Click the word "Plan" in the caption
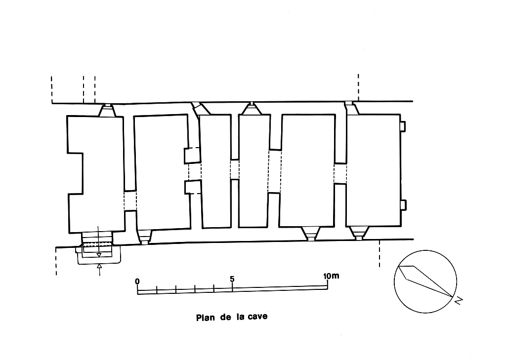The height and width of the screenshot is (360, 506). pyautogui.click(x=205, y=318)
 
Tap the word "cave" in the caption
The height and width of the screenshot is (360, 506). pyautogui.click(x=257, y=317)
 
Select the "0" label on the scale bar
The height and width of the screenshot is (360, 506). pyautogui.click(x=137, y=281)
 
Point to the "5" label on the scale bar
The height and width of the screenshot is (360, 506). pyautogui.click(x=232, y=279)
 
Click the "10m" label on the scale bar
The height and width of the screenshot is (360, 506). pyautogui.click(x=331, y=276)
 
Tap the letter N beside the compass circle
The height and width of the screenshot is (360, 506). pyautogui.click(x=459, y=301)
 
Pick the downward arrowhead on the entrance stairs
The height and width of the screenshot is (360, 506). pyautogui.click(x=99, y=255)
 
